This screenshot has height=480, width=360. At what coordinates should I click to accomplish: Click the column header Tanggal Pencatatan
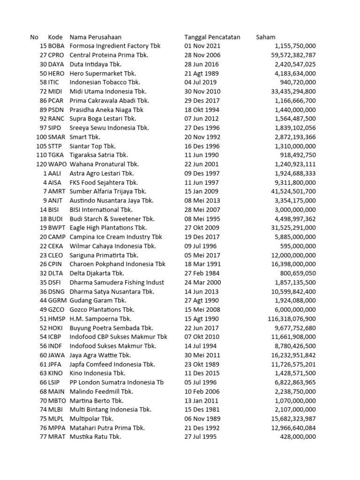[212, 37]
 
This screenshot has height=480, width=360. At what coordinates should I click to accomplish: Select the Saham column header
[266, 37]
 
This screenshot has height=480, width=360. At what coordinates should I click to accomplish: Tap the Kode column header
[55, 37]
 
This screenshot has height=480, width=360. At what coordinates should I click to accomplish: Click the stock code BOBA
[56, 46]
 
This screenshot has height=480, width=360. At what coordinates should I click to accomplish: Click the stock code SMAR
[57, 137]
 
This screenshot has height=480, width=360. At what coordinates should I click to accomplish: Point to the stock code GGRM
[57, 300]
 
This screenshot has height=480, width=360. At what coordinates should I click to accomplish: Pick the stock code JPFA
[56, 364]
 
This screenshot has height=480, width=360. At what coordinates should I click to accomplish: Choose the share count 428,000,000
[299, 437]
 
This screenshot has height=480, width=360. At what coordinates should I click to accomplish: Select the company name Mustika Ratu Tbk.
[95, 437]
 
